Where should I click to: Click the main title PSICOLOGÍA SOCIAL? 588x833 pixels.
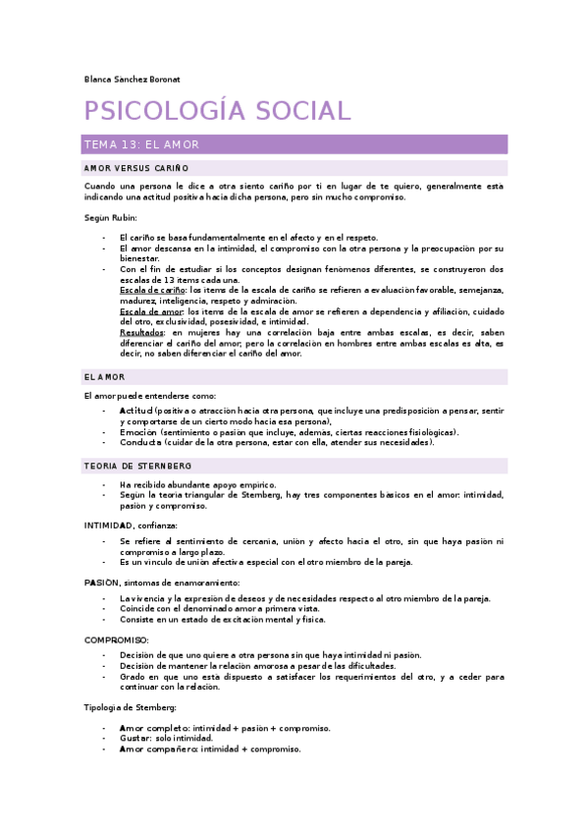tap(217, 111)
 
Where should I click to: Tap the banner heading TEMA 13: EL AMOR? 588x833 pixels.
tap(142, 144)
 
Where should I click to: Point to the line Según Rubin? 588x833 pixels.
tap(111, 217)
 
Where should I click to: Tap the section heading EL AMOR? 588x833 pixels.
tap(105, 377)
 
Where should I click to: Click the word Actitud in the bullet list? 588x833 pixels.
tap(135, 410)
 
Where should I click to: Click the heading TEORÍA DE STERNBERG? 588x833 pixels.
tap(138, 465)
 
